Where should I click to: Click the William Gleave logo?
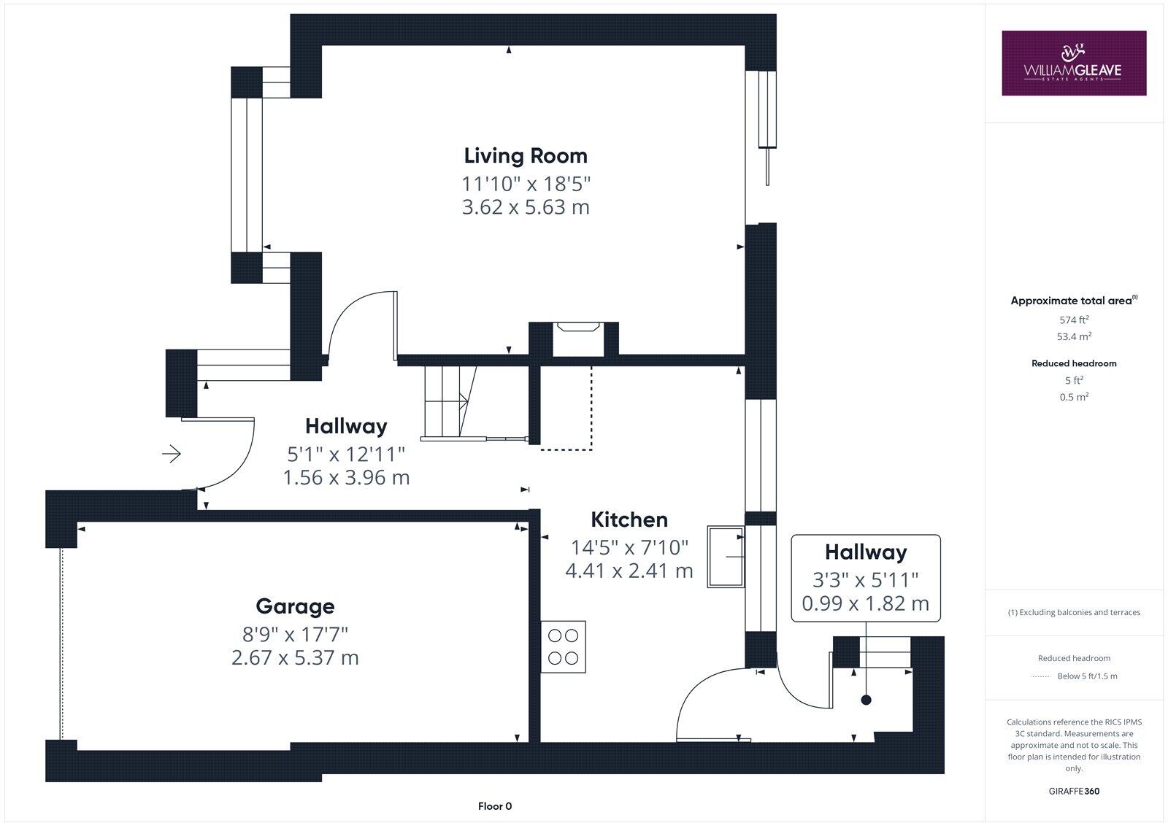pos(1073,63)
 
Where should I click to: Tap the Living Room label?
pos(526,155)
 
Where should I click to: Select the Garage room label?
pos(295,606)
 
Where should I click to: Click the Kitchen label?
pos(629,519)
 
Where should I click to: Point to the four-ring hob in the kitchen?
pos(563,647)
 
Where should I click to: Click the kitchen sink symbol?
pos(726,557)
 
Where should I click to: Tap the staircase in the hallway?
pos(449,402)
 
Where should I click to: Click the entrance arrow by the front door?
pos(172,455)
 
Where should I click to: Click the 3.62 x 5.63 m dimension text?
pos(526,207)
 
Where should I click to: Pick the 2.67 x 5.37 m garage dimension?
pos(295,657)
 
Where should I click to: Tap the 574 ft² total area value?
pos(1074,320)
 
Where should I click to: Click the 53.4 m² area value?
pos(1074,336)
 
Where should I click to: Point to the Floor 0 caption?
pos(495,806)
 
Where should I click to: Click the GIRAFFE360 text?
pos(1074,791)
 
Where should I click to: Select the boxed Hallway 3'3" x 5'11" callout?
pos(866,578)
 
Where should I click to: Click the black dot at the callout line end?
pos(866,700)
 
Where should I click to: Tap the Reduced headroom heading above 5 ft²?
pos(1074,363)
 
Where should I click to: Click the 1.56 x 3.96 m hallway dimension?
pos(346,478)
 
